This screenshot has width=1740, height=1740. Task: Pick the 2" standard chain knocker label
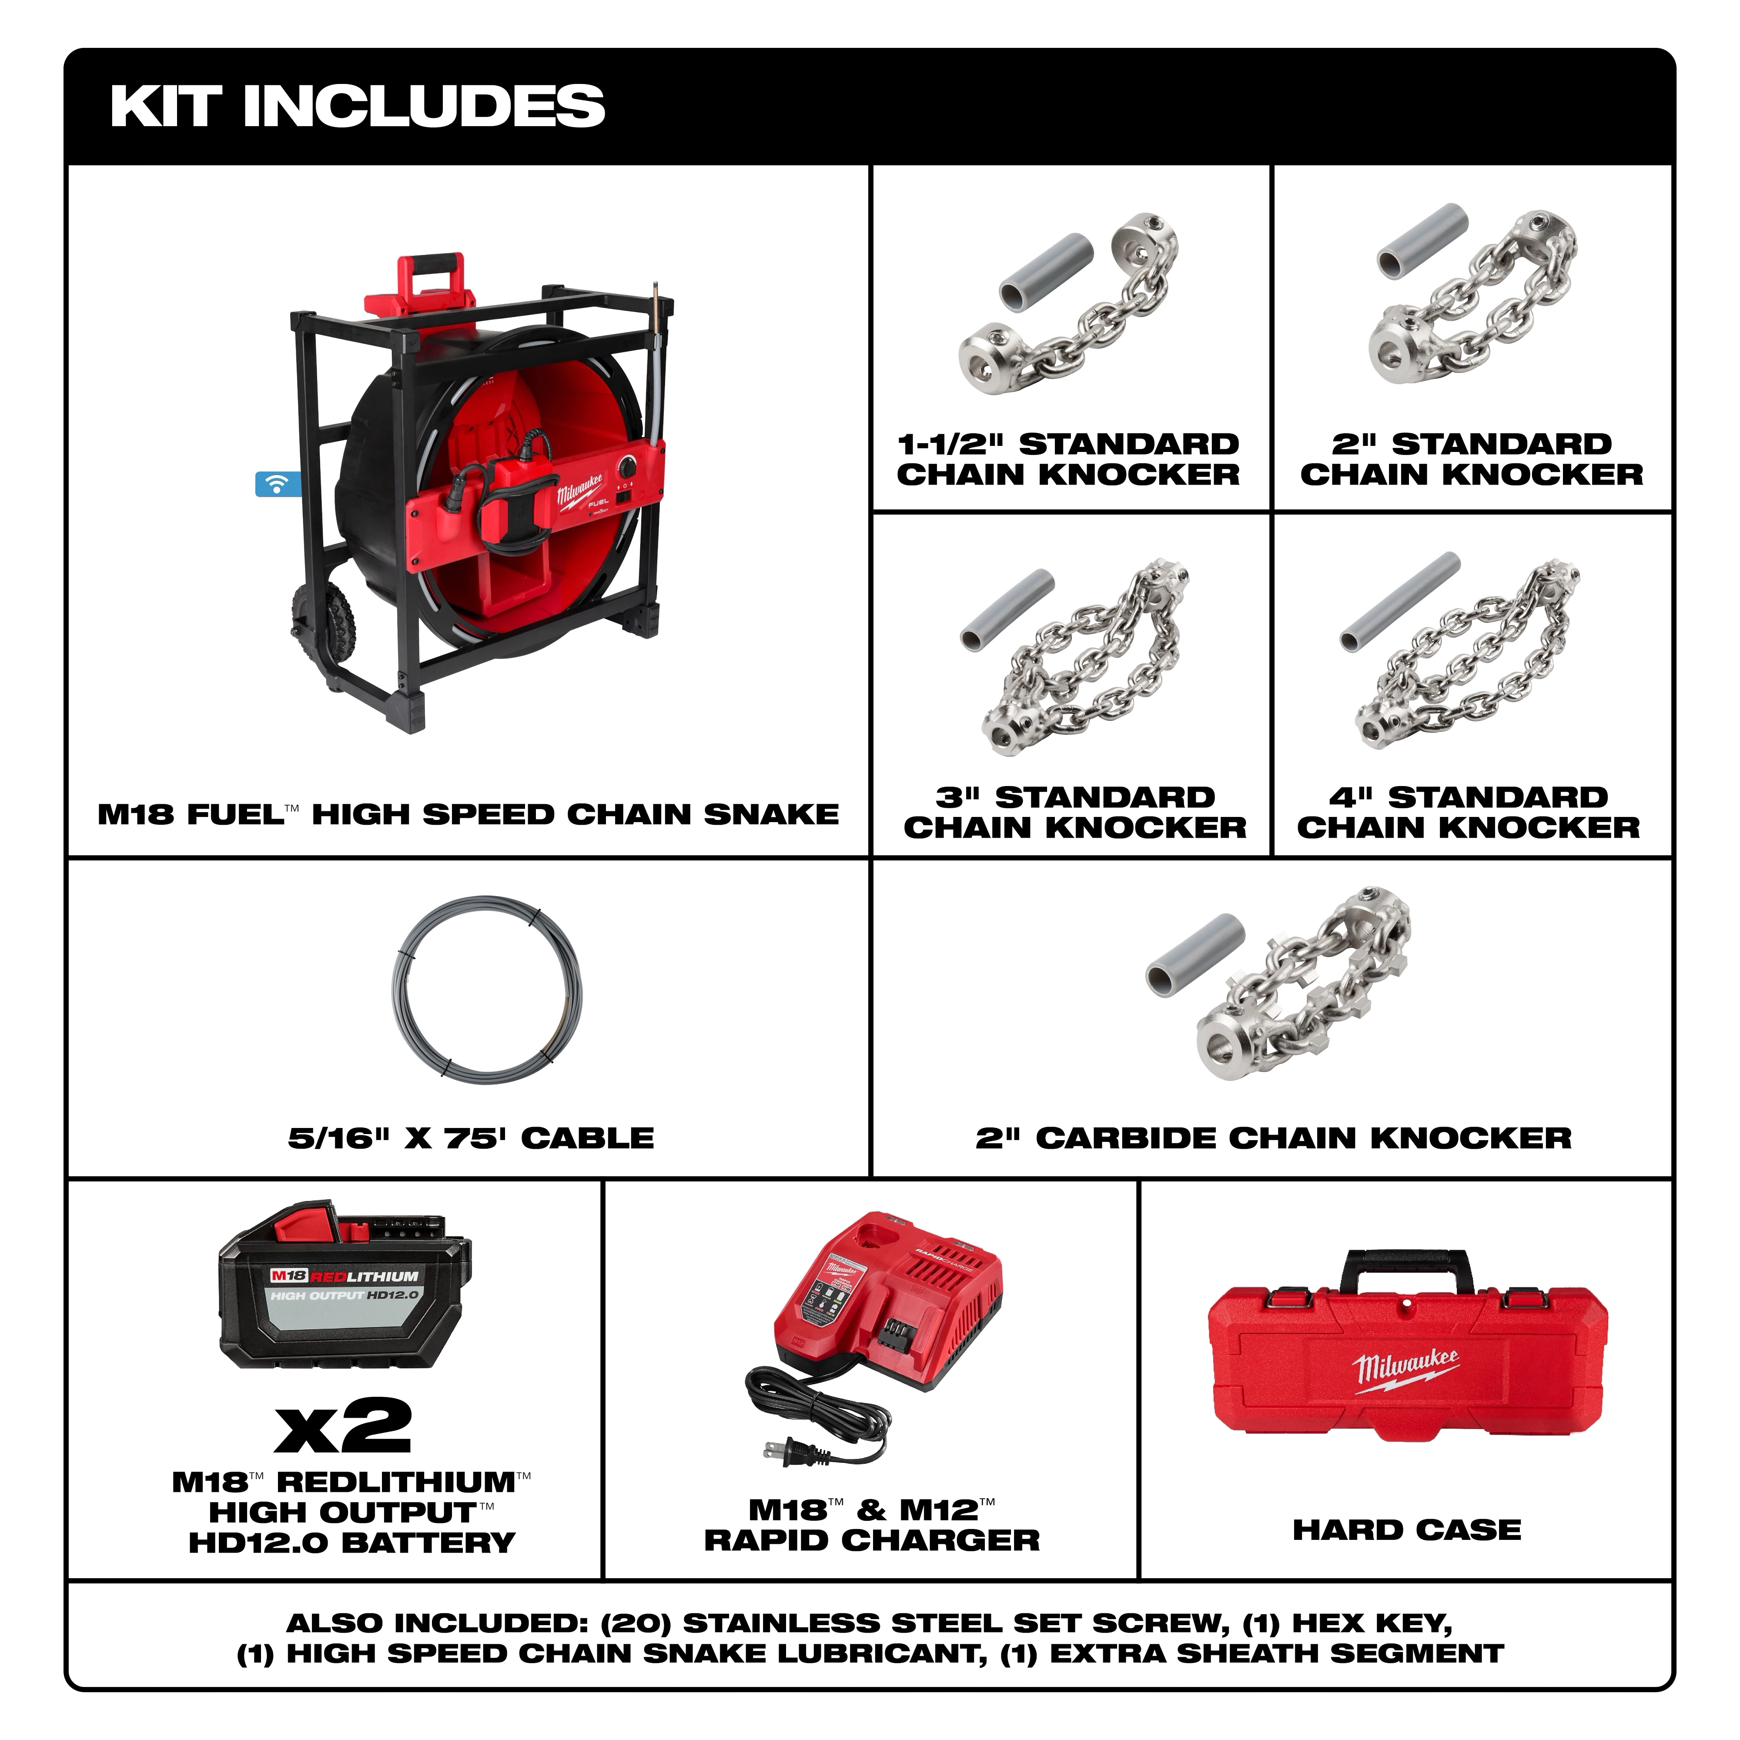pyautogui.click(x=1472, y=459)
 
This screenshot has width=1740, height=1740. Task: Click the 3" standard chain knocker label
pyautogui.click(x=1074, y=812)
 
